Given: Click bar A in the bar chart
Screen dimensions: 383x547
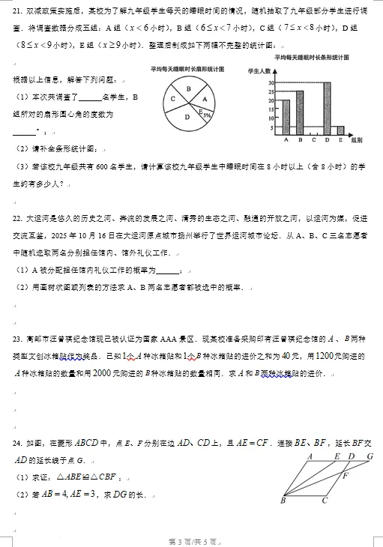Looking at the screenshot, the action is (286, 117).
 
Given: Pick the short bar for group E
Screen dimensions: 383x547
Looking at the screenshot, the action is (340, 130).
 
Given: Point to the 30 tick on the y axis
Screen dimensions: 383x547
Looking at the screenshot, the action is (271, 82).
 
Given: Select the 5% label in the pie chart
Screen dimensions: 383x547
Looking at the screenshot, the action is (205, 115).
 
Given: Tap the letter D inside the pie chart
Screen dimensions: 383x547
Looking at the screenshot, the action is (187, 118).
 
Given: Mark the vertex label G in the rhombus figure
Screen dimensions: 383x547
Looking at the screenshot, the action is (369, 456).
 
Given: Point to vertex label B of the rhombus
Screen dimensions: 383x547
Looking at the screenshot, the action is (282, 500).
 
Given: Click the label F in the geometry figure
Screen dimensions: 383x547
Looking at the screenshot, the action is (345, 475).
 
